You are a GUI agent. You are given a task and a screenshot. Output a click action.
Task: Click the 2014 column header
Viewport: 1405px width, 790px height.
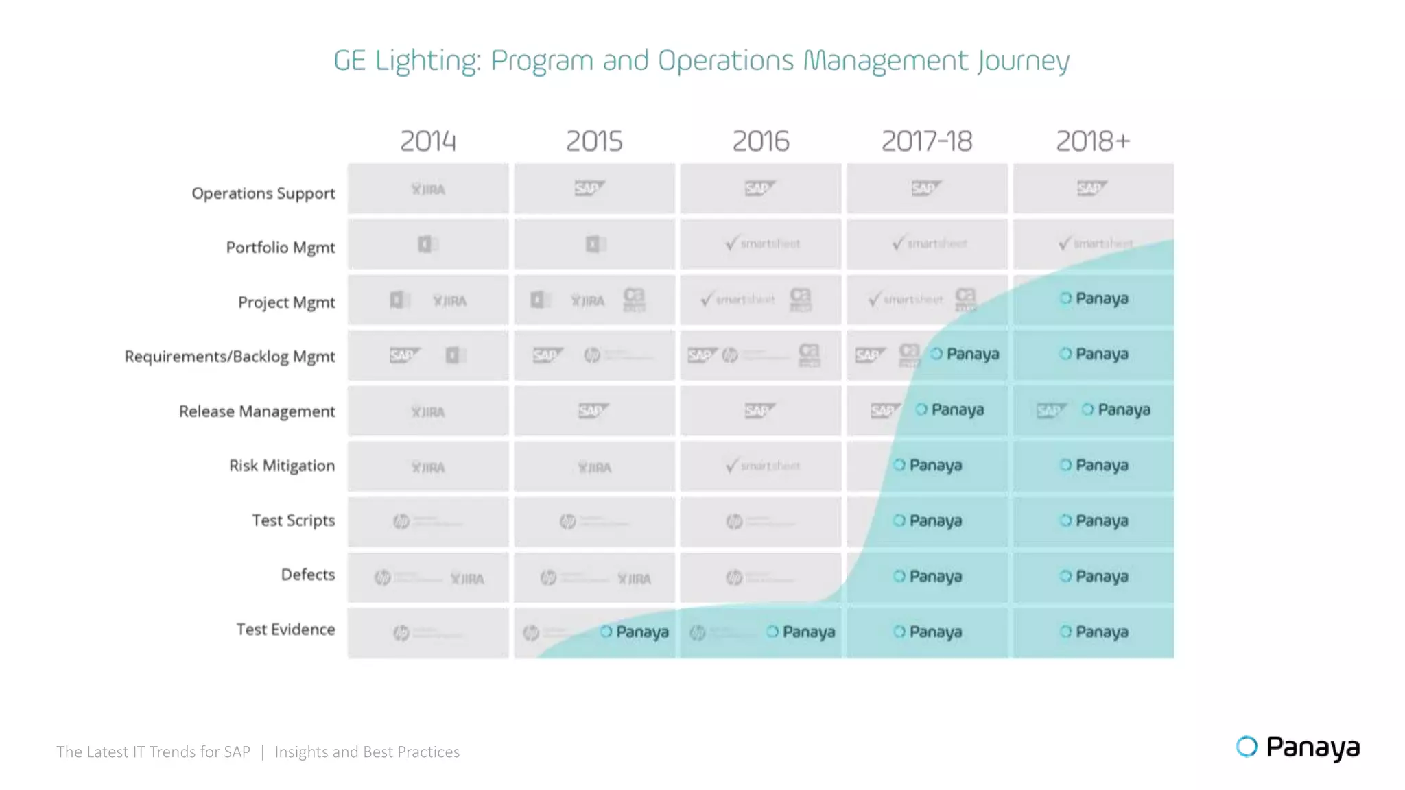[428, 141]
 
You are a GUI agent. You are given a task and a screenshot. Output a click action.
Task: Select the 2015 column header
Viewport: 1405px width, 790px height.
[594, 141]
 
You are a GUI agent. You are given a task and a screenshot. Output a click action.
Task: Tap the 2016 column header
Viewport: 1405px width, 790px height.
[761, 141]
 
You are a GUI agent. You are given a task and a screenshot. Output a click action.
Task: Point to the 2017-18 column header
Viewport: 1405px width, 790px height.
[927, 141]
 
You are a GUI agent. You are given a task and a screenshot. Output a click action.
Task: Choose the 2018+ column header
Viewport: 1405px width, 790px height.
[1093, 141]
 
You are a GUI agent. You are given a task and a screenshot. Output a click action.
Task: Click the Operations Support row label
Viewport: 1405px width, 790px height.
[263, 193]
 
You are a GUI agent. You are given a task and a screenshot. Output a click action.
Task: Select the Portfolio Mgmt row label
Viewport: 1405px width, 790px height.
[281, 248]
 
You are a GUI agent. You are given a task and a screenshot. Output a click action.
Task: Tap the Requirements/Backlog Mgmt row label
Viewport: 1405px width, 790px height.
[230, 357]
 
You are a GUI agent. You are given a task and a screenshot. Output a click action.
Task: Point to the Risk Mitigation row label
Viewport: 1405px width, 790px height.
[282, 466]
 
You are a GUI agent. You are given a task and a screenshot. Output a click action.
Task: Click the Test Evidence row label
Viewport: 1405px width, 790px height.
[286, 630]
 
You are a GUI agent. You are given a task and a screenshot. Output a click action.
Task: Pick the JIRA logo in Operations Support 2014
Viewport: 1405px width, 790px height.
[428, 189]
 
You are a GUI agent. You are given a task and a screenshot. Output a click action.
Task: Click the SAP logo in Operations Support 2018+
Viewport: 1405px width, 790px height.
[1091, 188]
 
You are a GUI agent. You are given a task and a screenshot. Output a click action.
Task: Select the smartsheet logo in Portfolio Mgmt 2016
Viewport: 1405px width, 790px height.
[762, 243]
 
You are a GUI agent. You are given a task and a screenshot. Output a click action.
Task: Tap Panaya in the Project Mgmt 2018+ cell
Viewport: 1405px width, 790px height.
[1094, 298]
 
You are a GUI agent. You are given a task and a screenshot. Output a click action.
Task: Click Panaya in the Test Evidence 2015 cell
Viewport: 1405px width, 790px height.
[635, 632]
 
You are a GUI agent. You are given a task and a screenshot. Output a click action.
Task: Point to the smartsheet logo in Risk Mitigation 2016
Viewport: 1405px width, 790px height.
[762, 466]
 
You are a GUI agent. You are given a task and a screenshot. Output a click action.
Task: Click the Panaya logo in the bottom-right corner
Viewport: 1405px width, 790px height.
[1297, 747]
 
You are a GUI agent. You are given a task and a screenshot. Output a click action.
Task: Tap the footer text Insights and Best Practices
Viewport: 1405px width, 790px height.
[367, 752]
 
